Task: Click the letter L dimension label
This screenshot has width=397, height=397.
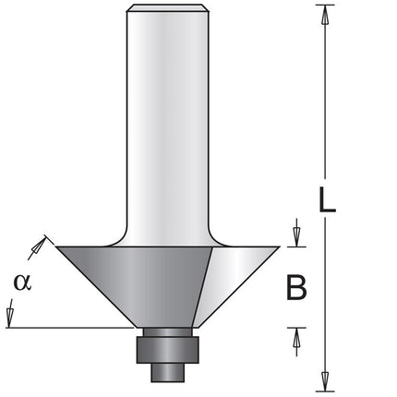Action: point(327,199)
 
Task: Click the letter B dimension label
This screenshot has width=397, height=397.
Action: point(296,287)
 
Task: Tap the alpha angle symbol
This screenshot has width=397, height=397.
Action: point(22,283)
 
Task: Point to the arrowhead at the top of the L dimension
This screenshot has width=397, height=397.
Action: point(325,15)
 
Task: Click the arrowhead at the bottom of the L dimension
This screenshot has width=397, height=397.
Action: point(325,382)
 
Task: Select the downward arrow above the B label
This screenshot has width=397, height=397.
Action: point(296,233)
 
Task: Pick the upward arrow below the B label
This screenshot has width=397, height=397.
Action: point(296,342)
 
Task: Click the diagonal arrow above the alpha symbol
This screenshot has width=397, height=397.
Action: point(38,247)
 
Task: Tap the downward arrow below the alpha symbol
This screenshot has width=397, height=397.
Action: point(10,313)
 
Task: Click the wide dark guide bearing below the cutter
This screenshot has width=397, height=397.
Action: point(168,350)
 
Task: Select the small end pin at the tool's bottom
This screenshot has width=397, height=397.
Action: point(168,373)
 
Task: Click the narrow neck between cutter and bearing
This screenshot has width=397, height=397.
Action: point(168,332)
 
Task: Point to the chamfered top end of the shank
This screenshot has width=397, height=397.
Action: point(168,8)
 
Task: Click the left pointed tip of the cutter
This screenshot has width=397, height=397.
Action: point(56,247)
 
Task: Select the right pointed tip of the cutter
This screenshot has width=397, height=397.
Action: point(280,247)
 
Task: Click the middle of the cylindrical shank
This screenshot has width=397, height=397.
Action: point(168,123)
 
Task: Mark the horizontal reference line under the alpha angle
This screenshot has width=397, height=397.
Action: point(70,328)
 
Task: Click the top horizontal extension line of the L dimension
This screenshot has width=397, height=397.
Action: point(325,5)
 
